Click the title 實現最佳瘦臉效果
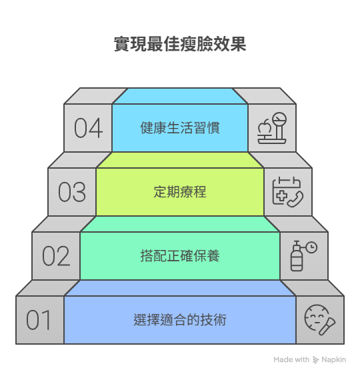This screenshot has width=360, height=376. coord(180,44)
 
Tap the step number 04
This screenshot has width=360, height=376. coord(88,128)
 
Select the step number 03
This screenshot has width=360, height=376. coord(72,192)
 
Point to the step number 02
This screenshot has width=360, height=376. coord(56,256)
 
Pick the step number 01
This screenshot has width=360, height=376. coord(39,320)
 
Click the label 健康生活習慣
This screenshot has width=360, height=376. coord(180,128)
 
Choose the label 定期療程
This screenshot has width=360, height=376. coord(180,192)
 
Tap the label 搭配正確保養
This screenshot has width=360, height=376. coord(180,256)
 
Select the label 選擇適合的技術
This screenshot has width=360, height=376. coord(180,320)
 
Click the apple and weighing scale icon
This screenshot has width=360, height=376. coord(272,128)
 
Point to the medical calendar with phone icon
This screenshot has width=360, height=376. coord(287,192)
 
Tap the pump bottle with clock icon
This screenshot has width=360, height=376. coord(304,256)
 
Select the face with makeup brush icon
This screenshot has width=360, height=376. coord(320,320)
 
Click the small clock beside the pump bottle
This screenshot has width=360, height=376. coord(311,247)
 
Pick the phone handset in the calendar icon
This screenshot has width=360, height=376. coord(295,199)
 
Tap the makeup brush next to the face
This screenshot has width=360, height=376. coord(327,326)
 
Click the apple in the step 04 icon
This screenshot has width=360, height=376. coord(265,127)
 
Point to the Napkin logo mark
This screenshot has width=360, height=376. coord(315,360)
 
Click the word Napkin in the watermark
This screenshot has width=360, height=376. coord(333,360)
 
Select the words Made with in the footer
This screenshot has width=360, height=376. coord(291,360)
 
